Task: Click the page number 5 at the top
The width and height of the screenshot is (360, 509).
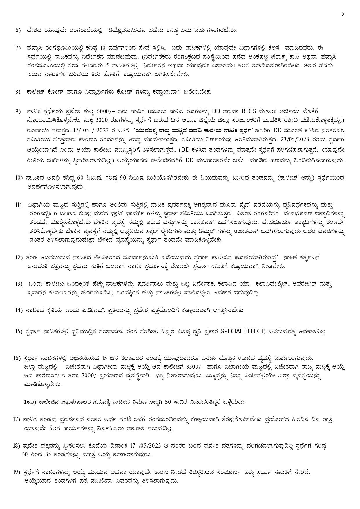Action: pos(343,14)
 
